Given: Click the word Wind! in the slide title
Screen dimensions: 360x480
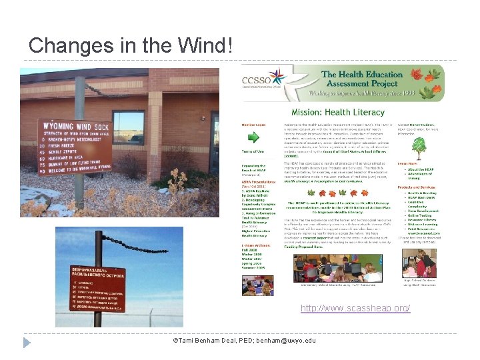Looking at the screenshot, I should coord(206,45).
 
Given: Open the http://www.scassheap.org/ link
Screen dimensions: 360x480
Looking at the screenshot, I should coord(355,308).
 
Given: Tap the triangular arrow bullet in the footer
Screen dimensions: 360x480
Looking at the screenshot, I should coord(27,341).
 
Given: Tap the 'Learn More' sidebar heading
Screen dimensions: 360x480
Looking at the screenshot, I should coord(407,163).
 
